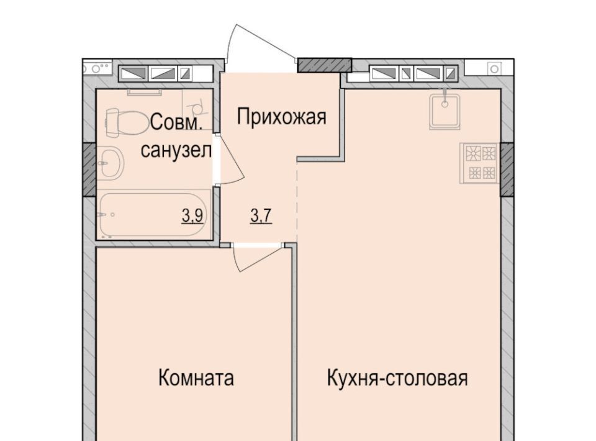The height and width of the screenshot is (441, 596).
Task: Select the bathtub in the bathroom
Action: coord(155,215)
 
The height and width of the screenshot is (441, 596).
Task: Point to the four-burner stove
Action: coord(479,163)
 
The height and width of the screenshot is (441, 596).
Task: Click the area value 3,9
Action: coord(192,216)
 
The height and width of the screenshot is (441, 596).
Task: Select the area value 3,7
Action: coord(261,216)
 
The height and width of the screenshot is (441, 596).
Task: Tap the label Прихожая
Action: coord(282,117)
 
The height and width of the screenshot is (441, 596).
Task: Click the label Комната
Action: coord(196,378)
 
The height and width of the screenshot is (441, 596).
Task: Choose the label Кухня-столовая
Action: coord(397,378)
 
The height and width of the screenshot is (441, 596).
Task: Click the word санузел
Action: coord(176,151)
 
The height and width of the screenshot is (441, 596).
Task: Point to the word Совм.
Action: coord(176,123)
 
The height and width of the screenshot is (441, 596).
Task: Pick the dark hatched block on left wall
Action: coord(89,170)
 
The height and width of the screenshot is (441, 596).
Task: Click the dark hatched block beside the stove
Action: coord(507,170)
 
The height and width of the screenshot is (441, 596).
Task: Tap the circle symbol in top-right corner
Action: coord(494,69)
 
